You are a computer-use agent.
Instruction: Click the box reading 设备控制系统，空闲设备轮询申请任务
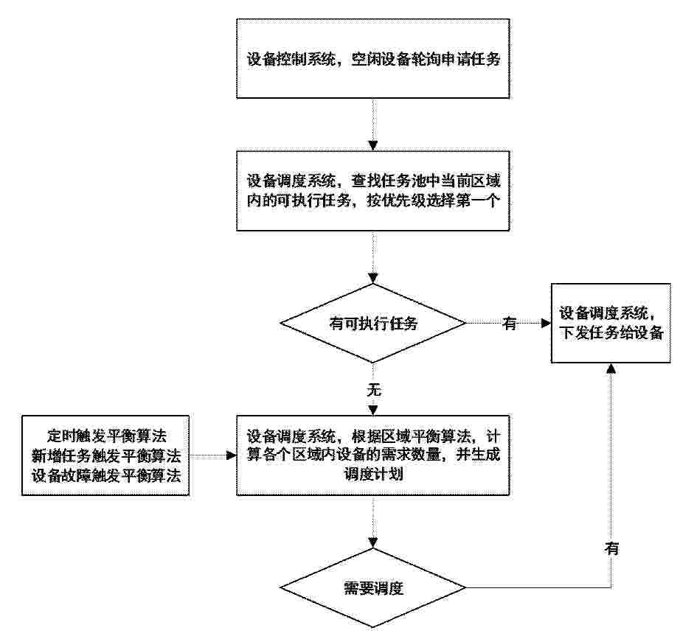(x=373, y=58)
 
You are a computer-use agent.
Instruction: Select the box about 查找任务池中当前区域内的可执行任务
(x=373, y=191)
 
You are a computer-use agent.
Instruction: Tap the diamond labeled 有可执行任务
(x=373, y=323)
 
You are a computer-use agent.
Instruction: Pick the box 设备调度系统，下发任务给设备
(x=611, y=323)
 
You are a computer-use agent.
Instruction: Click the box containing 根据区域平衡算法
(x=373, y=455)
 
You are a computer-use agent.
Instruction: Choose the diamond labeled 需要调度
(x=373, y=588)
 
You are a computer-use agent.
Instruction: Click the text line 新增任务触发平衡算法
(x=106, y=455)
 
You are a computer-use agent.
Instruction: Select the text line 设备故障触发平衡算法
(x=106, y=475)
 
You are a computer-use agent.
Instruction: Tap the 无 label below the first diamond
(x=374, y=390)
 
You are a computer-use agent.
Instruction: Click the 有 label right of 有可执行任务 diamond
(x=510, y=323)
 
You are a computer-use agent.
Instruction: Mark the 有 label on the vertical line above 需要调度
(x=611, y=548)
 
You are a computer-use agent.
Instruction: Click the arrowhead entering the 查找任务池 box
(x=373, y=146)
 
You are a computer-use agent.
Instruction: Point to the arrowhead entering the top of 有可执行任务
(x=373, y=279)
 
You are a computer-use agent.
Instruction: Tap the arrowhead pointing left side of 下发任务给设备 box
(x=546, y=323)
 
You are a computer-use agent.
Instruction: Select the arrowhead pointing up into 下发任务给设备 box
(x=611, y=369)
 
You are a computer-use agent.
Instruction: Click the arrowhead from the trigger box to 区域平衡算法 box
(x=232, y=455)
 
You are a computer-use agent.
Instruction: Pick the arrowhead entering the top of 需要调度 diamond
(x=373, y=542)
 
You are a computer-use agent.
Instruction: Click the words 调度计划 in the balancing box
(x=373, y=474)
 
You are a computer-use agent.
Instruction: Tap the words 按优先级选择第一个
(x=434, y=200)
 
